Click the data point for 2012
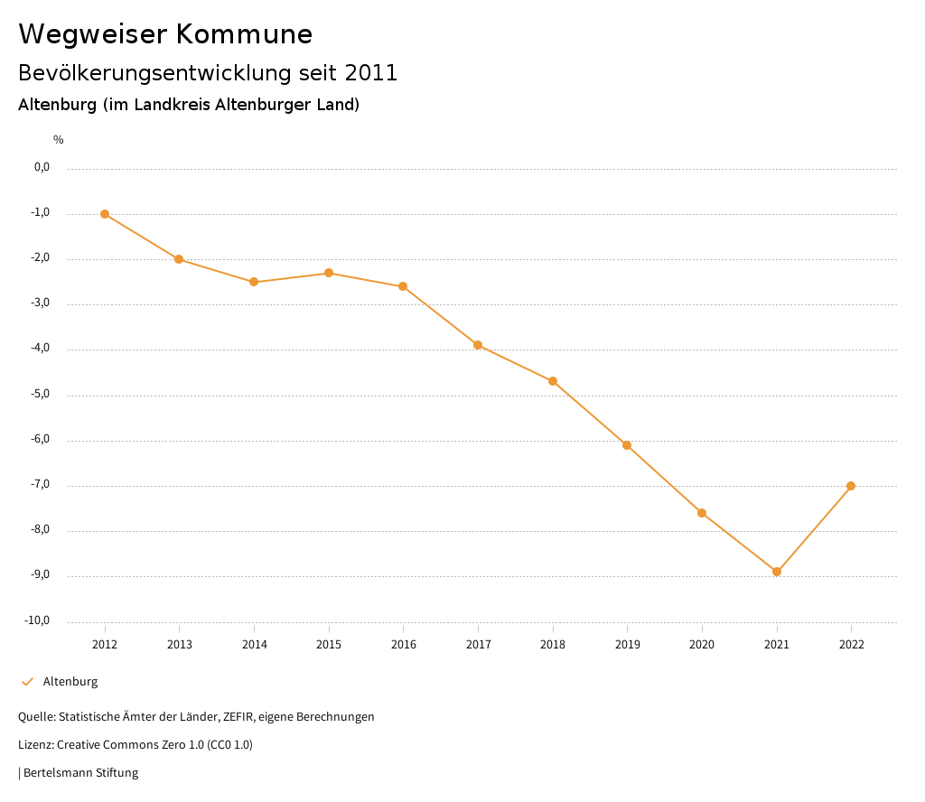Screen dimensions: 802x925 coord(105,214)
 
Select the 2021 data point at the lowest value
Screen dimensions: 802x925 coord(777,572)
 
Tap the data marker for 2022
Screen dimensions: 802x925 coord(851,486)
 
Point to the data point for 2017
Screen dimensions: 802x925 coord(478,345)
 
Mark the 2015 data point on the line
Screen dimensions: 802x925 coord(329,273)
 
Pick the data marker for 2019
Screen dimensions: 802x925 coord(627,445)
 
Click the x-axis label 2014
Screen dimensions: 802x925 coord(255,644)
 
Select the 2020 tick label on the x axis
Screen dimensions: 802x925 coord(702,644)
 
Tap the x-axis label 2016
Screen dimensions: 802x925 coord(404,644)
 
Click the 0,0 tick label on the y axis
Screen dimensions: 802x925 coord(42,167)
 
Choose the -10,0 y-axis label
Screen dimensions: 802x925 coord(37,620)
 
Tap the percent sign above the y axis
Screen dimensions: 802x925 coord(59,139)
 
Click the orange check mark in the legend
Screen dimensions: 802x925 coord(27,682)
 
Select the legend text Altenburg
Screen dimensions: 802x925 coord(70,682)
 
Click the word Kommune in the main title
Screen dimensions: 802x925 coord(244,34)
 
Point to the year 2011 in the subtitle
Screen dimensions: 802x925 coord(371,73)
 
